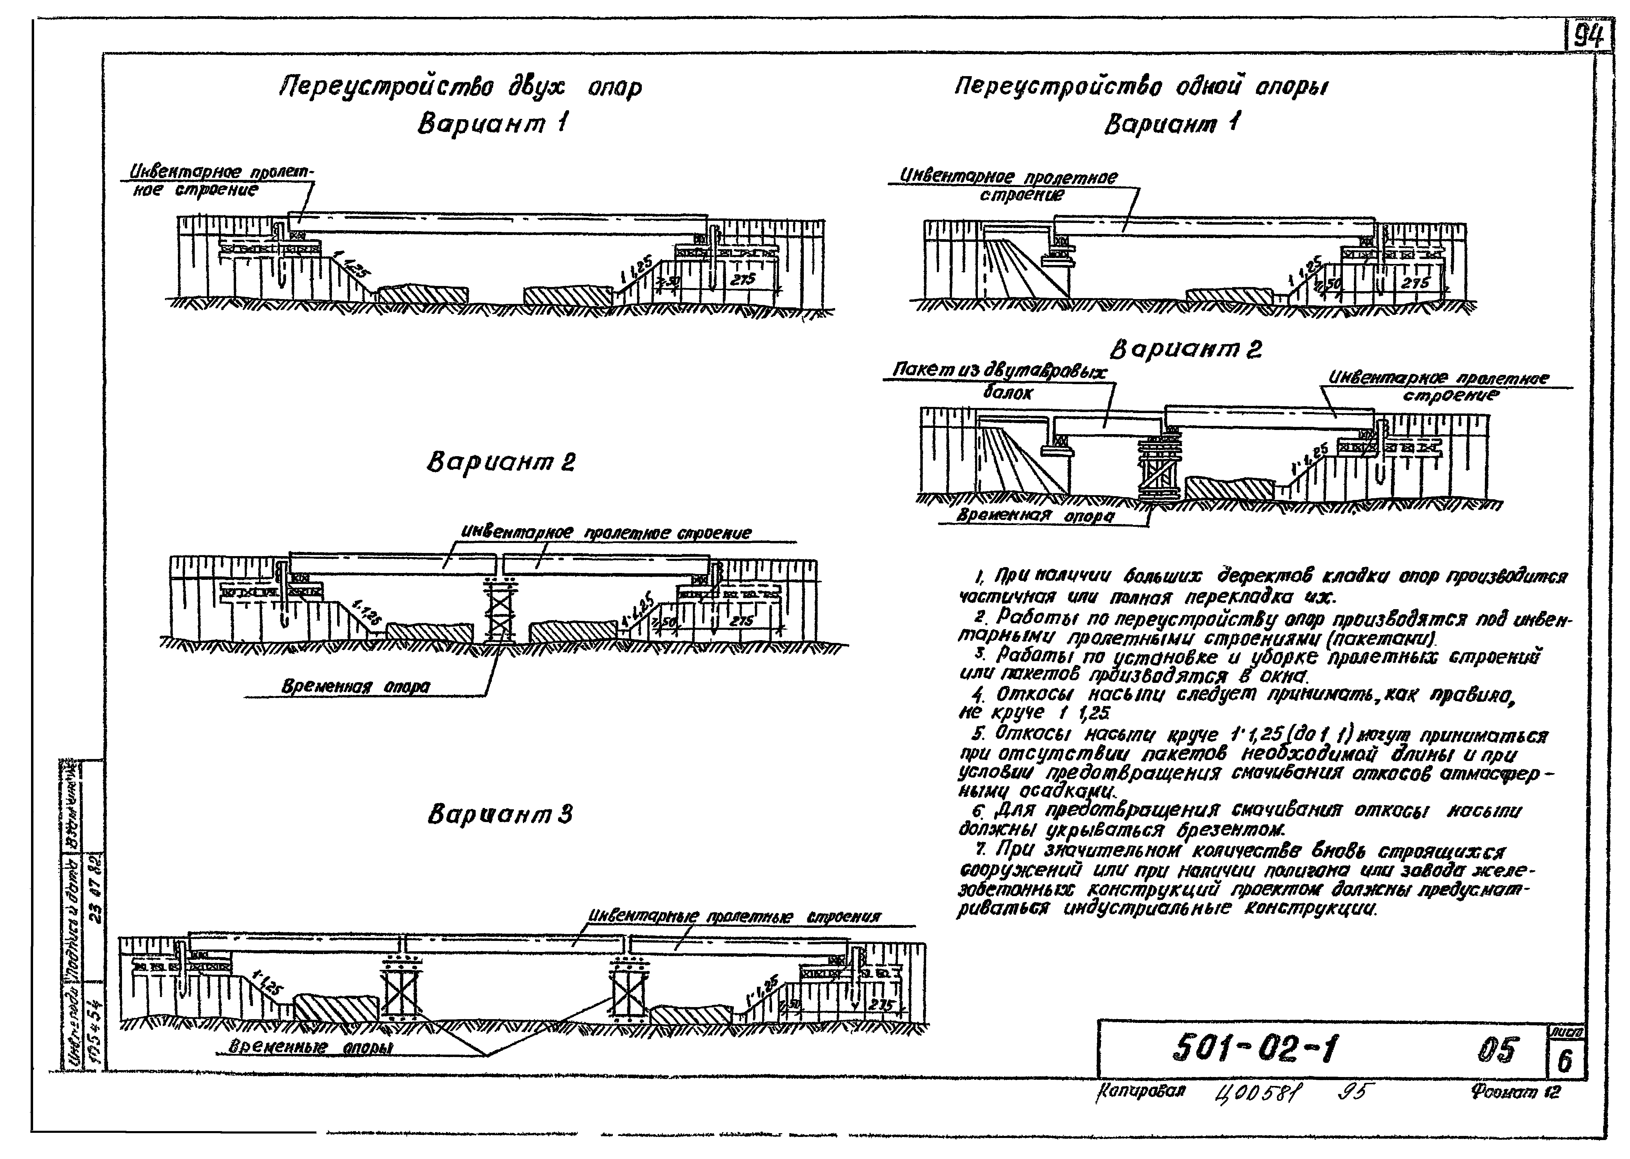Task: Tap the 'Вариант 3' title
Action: click(500, 815)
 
